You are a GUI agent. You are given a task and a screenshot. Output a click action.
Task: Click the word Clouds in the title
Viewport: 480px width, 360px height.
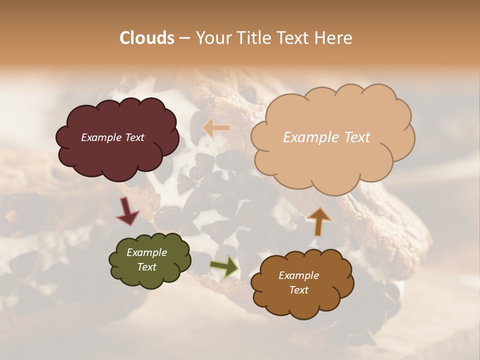tap(146, 38)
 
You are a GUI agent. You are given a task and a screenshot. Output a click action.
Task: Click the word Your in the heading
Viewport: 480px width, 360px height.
tap(214, 38)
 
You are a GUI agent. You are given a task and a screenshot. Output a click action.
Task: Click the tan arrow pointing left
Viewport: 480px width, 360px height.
tap(216, 128)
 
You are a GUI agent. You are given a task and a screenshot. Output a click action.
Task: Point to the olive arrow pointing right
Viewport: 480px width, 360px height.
tap(224, 266)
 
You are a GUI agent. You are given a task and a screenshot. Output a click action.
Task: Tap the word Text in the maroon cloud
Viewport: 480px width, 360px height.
tap(135, 137)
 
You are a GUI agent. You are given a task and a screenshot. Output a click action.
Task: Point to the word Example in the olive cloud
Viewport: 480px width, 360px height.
tap(147, 252)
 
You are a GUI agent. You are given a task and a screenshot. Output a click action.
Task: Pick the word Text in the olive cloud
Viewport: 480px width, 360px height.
tap(147, 267)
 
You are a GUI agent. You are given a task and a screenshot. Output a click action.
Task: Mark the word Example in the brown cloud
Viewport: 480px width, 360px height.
tap(299, 275)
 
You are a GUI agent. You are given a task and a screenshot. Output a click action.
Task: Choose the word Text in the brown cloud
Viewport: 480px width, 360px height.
tap(299, 290)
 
